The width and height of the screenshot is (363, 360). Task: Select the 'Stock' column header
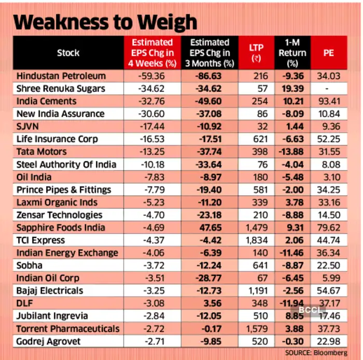click(68, 52)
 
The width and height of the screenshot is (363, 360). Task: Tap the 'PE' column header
click(328, 52)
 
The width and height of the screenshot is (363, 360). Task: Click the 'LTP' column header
click(256, 52)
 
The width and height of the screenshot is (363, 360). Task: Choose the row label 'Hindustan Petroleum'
click(61, 76)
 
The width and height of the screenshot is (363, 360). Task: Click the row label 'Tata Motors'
click(41, 152)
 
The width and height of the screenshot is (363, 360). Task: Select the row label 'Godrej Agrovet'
click(49, 341)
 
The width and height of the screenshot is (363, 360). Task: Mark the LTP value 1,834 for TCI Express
click(256, 240)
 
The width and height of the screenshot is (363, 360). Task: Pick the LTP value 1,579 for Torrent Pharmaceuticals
click(256, 329)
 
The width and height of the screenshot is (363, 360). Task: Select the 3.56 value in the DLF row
click(210, 304)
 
